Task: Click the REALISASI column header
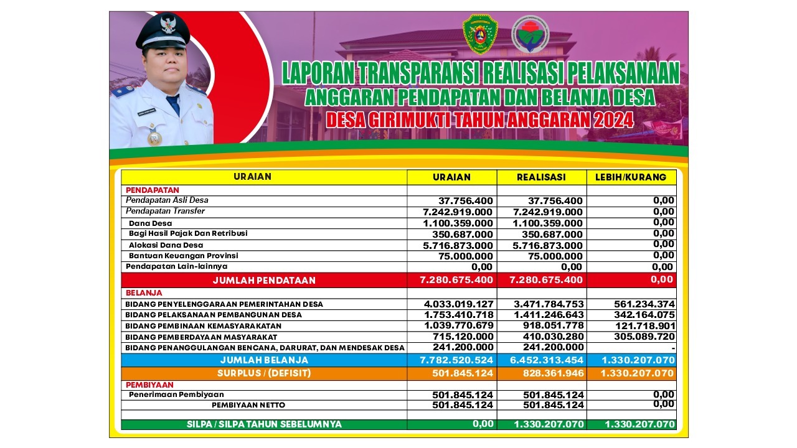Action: pos(541,177)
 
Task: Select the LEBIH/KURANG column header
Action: pos(631,177)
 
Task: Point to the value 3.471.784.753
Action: pos(546,304)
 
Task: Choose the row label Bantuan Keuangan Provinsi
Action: pos(183,256)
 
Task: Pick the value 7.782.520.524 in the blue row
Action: pos(457,360)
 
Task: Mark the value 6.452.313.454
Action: pos(546,360)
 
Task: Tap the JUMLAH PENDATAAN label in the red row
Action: pos(264,281)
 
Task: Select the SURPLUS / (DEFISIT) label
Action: pos(264,373)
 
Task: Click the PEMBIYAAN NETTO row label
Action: pos(248,405)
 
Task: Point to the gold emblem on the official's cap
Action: pos(169,25)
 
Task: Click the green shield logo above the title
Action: pos(480,35)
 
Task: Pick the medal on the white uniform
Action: pos(154,138)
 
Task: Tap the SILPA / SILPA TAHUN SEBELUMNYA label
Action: pos(264,424)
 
